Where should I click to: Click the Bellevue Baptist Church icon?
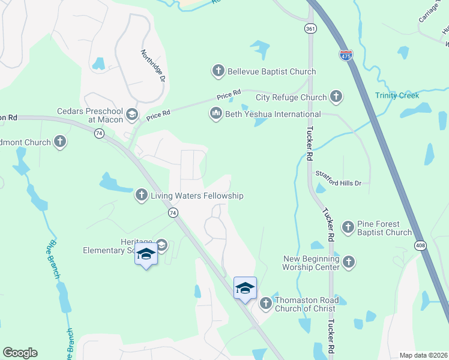tap(218, 71)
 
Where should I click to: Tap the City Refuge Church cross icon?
tap(336, 97)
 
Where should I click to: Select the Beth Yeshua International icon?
tap(215, 113)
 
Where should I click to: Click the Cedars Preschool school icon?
tap(132, 113)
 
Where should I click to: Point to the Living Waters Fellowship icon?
tap(141, 195)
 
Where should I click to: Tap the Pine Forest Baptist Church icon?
tap(348, 227)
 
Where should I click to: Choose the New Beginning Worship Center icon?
tap(349, 261)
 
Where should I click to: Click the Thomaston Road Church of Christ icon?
tap(265, 304)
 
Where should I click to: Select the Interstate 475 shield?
tap(346, 55)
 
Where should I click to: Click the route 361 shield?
tap(310, 28)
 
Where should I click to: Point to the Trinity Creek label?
tap(397, 95)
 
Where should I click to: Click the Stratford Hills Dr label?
tap(339, 182)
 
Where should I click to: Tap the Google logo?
tap(20, 353)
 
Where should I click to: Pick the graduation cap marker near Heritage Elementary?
tap(146, 254)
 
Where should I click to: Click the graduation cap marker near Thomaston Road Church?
tap(245, 288)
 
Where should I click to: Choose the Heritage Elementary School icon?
tap(161, 245)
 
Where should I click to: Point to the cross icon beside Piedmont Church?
tap(59, 142)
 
